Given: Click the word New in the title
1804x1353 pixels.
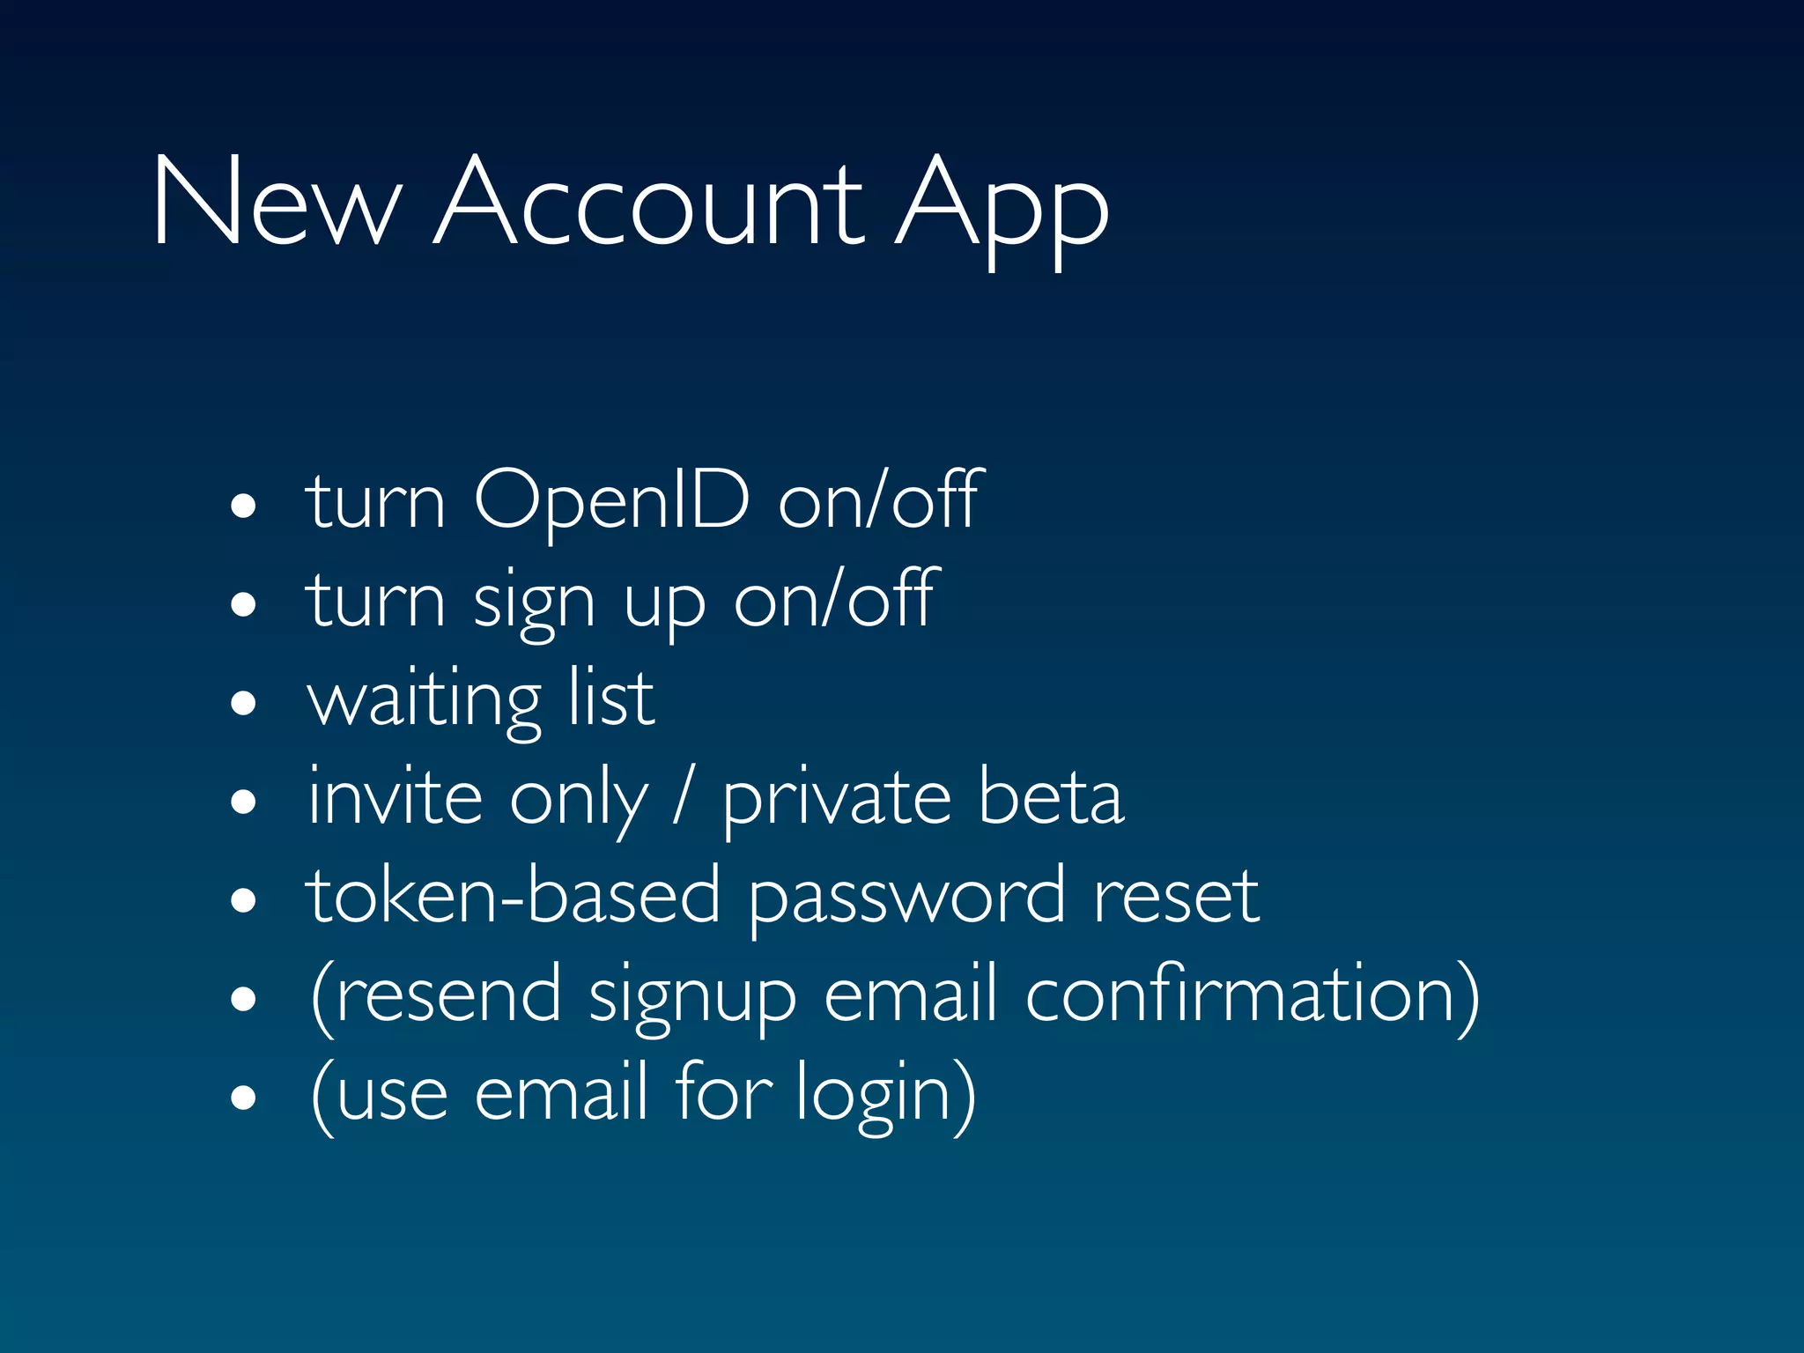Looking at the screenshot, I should coord(276,202).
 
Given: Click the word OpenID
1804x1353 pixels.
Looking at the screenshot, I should coord(611,500).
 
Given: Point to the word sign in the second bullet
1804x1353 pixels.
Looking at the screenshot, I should coord(534,603).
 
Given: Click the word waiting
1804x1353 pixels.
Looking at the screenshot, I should coord(424,700).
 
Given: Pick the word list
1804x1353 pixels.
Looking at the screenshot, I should coord(610,698).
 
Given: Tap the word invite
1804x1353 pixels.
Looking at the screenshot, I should coord(395,797).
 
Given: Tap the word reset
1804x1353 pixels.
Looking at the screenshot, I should coord(1176,896).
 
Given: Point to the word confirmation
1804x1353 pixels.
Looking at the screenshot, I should coord(1252,995).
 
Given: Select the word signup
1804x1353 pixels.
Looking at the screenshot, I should coord(692,998).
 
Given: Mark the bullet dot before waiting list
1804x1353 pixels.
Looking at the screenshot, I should coord(243,704).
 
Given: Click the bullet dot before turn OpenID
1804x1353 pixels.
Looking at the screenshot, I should coord(243,506).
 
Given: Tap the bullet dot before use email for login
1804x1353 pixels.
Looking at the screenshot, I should coord(243,1098).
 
